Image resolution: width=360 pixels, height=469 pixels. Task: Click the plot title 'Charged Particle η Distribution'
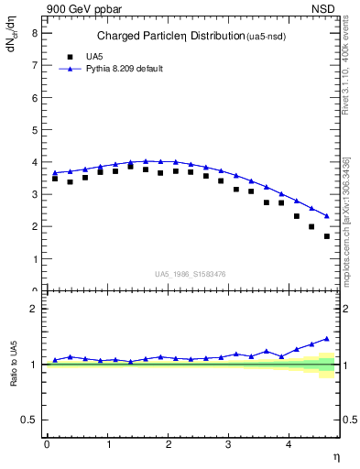click(156, 37)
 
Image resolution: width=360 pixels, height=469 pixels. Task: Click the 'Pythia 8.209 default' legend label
click(124, 68)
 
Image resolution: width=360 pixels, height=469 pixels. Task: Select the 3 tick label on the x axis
click(229, 443)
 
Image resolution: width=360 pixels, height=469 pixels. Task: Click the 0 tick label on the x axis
click(47, 443)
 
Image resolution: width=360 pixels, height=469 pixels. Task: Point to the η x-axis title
click(334, 455)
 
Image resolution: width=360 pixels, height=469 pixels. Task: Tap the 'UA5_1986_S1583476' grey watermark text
click(191, 272)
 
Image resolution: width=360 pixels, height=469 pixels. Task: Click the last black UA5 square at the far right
click(327, 236)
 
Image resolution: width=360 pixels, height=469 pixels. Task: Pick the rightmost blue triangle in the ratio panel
click(327, 338)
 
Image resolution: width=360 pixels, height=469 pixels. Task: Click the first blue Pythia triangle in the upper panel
click(55, 172)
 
